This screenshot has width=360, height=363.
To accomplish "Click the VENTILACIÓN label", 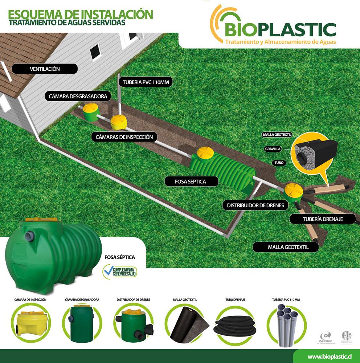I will [45, 69].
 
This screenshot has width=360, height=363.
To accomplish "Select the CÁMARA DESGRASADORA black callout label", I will [78, 96].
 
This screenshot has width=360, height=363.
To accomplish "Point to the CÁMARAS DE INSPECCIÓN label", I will [124, 137].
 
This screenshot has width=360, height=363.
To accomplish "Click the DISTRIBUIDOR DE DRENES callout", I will [255, 205].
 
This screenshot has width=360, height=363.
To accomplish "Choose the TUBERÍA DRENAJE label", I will [323, 219].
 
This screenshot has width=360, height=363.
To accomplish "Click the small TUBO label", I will [279, 163].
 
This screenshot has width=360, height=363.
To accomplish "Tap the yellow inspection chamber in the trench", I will [118, 122].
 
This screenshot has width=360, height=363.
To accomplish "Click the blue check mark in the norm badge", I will [108, 272].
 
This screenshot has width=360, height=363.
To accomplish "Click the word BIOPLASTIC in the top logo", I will [279, 29].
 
